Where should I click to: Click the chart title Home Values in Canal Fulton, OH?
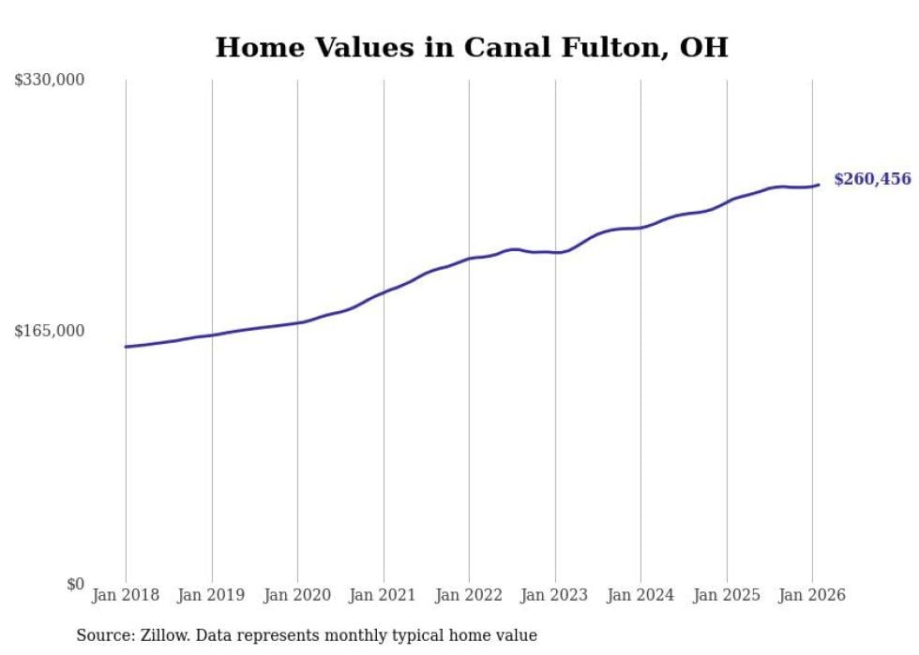pyautogui.click(x=472, y=47)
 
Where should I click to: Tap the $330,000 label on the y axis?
pyautogui.click(x=50, y=81)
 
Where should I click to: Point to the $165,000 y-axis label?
pyautogui.click(x=50, y=331)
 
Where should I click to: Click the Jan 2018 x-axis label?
pyautogui.click(x=126, y=595)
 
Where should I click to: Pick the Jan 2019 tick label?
pyautogui.click(x=211, y=595)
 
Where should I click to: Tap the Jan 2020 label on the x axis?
pyautogui.click(x=297, y=595)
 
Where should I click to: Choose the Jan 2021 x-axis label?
pyautogui.click(x=383, y=595)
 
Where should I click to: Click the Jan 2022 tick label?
pyautogui.click(x=469, y=595)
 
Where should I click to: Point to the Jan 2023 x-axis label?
pyautogui.click(x=554, y=595)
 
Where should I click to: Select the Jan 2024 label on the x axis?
pyautogui.click(x=640, y=595)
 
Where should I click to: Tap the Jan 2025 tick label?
pyautogui.click(x=726, y=595)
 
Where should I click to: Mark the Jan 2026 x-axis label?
pyautogui.click(x=812, y=595)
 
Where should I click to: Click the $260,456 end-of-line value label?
pyautogui.click(x=871, y=179)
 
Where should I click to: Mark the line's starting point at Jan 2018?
pyautogui.click(x=126, y=347)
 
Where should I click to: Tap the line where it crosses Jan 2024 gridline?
pyautogui.click(x=640, y=228)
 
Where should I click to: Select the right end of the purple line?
pyautogui.click(x=820, y=185)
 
